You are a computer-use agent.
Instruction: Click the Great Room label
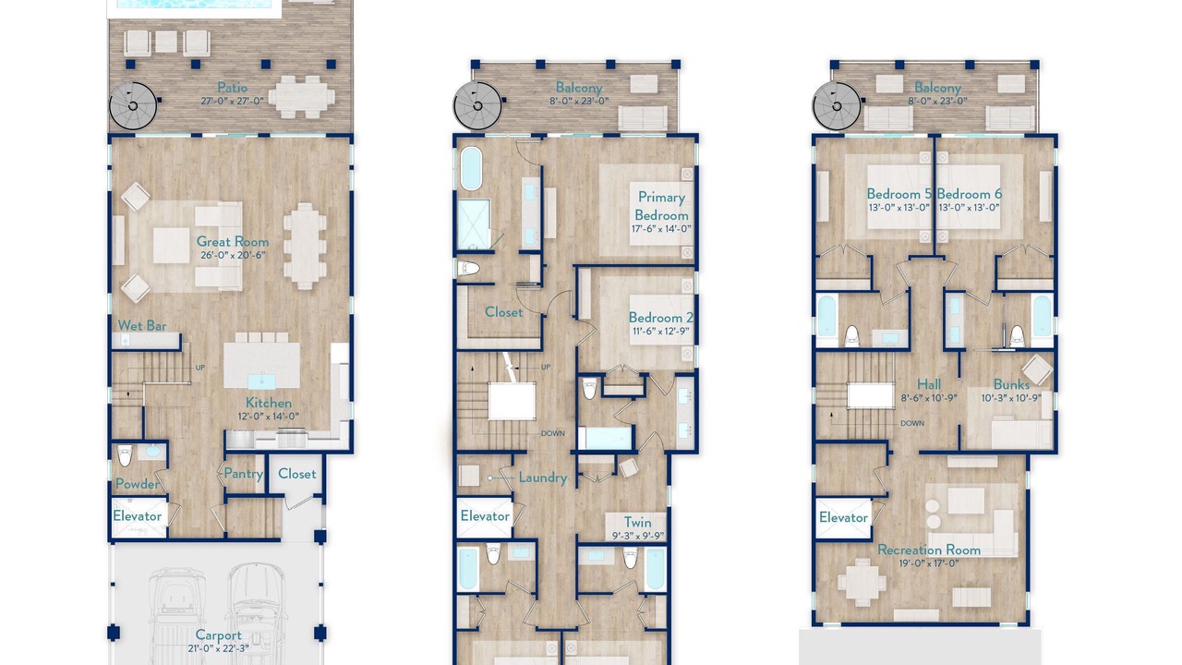pos(233,242)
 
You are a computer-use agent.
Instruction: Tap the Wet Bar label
pos(142,326)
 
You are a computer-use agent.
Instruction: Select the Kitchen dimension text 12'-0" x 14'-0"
pos(268,417)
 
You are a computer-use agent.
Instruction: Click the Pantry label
pos(243,474)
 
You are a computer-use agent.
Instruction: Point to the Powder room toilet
pos(125,455)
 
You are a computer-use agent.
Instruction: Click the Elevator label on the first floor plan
pos(138,516)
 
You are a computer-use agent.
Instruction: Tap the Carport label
pos(219,635)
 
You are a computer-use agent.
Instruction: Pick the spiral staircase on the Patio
pos(133,106)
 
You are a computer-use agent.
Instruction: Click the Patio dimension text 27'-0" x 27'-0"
pos(232,102)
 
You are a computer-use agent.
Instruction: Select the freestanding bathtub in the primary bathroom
pos(471,168)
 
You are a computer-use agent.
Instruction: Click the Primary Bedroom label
pos(661,206)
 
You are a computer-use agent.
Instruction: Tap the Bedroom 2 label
pos(660,318)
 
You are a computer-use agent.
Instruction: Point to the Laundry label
pos(543,478)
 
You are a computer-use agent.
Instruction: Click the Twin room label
pos(637,523)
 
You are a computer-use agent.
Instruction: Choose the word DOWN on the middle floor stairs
pos(553,433)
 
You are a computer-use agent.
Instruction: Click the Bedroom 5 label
pos(899,194)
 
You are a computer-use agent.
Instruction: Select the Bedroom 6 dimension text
pos(969,208)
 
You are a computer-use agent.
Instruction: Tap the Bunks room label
pos(1011,384)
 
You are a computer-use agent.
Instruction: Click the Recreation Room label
pos(929,550)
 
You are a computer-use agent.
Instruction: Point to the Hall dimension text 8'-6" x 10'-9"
pos(929,398)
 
